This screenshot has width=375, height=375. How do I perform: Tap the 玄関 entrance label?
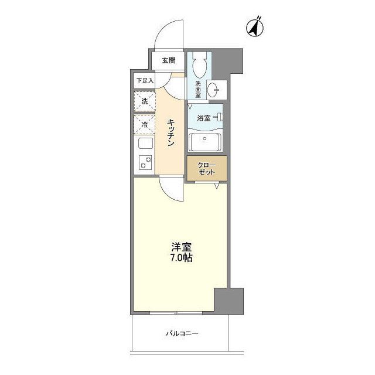169,60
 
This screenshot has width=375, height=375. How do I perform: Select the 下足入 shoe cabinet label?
144,80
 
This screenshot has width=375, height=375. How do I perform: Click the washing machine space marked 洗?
144,101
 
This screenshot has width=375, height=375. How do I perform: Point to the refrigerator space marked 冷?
144,124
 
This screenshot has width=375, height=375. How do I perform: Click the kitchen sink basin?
144,144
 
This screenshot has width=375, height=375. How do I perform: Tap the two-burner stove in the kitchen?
144,163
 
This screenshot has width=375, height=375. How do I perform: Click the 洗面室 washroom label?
198,90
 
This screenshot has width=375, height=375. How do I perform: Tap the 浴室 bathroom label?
203,118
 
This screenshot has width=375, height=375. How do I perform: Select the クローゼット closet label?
206,168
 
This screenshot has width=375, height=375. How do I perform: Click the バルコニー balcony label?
182,333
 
